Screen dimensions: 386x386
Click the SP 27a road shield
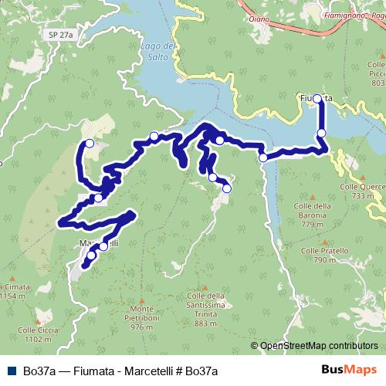[x=59, y=35]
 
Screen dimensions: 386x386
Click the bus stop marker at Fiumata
[x=317, y=99]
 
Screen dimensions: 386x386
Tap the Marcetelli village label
[x=99, y=244]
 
